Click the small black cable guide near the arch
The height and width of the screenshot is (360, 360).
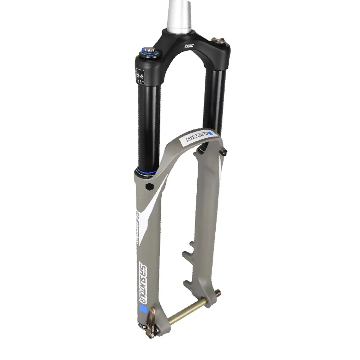[x=225, y=153]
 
